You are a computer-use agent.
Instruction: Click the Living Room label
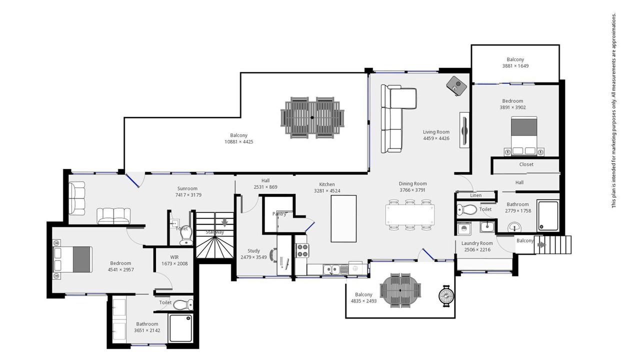(436, 132)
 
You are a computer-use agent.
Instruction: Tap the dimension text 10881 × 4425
(239, 141)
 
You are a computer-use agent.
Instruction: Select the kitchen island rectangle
(343, 218)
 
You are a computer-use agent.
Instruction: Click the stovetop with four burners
(302, 250)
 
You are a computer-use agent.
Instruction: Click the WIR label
(174, 257)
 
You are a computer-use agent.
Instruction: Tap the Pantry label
(279, 213)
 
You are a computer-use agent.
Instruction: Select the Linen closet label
(475, 195)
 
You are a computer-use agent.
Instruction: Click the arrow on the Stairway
(225, 222)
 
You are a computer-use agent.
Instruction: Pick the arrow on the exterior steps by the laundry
(541, 244)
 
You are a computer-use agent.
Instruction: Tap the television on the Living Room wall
(464, 130)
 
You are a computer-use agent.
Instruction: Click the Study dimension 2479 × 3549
(253, 257)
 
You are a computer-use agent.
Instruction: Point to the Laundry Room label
(477, 243)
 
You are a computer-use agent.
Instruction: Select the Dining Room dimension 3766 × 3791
(412, 190)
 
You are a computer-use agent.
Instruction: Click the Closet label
(526, 164)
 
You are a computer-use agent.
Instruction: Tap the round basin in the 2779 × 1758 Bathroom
(514, 227)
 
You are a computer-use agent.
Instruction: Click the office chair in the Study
(273, 255)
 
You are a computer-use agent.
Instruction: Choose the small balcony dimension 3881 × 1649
(515, 65)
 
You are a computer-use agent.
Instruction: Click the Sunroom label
(187, 188)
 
